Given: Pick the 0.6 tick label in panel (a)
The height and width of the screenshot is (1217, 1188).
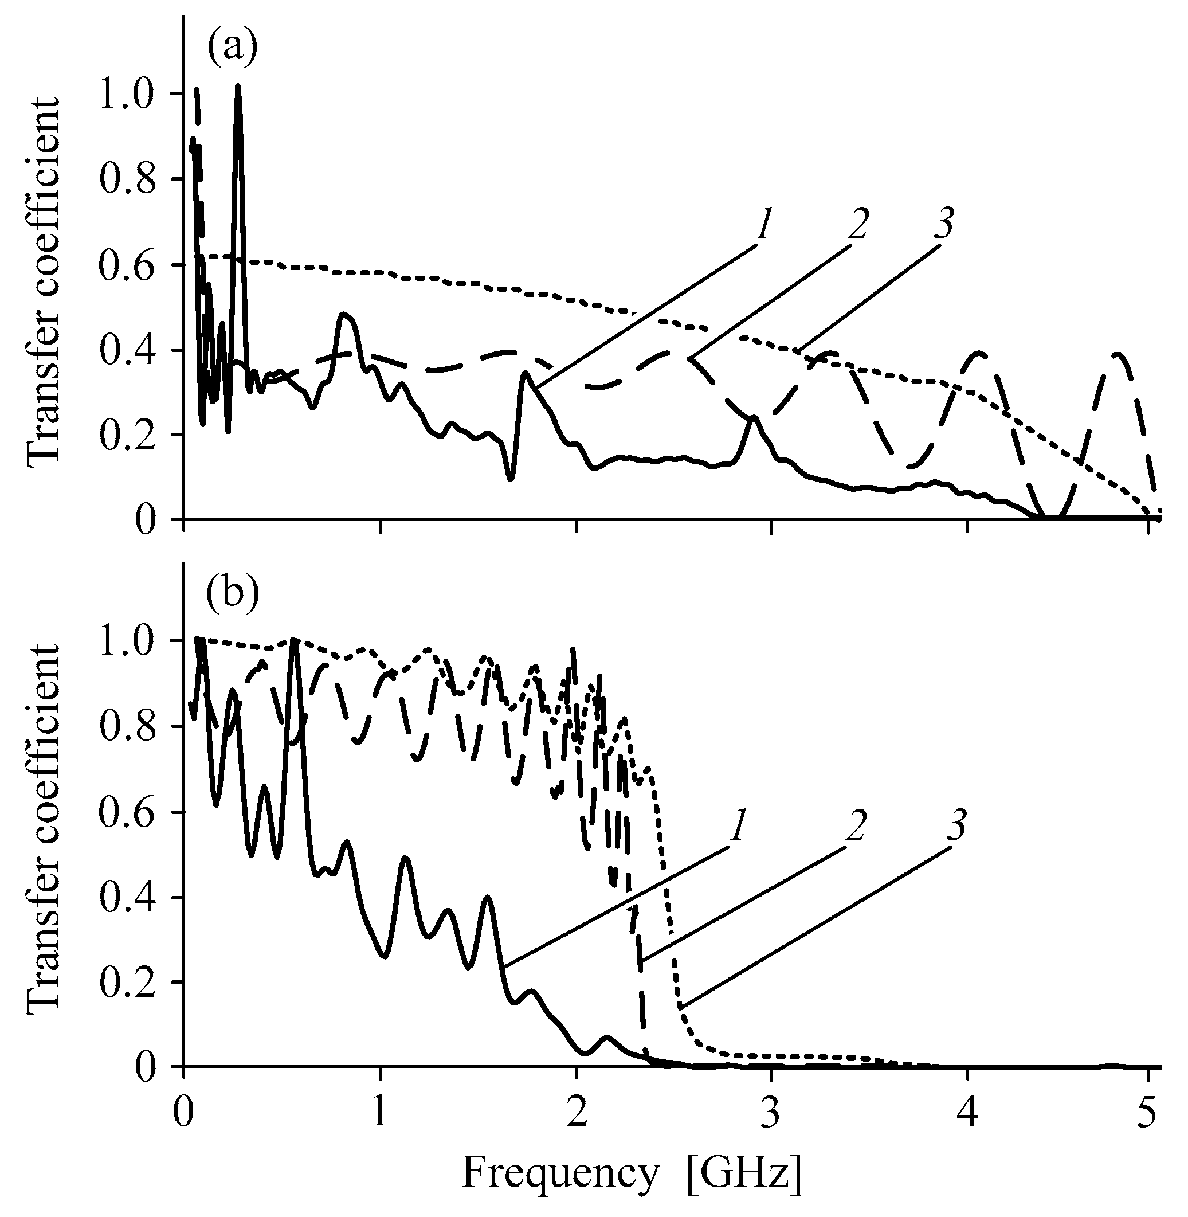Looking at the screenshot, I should click(128, 265).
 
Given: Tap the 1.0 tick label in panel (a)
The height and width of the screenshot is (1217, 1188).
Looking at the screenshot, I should click(128, 93).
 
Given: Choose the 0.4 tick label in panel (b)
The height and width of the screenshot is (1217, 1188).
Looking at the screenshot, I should click(128, 898).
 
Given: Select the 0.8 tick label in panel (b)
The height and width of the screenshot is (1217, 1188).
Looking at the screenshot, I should click(128, 726).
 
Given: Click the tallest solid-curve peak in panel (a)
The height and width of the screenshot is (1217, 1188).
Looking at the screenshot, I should click(238, 87).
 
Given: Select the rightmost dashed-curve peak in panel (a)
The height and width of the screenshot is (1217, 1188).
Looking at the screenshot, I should click(1118, 354).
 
